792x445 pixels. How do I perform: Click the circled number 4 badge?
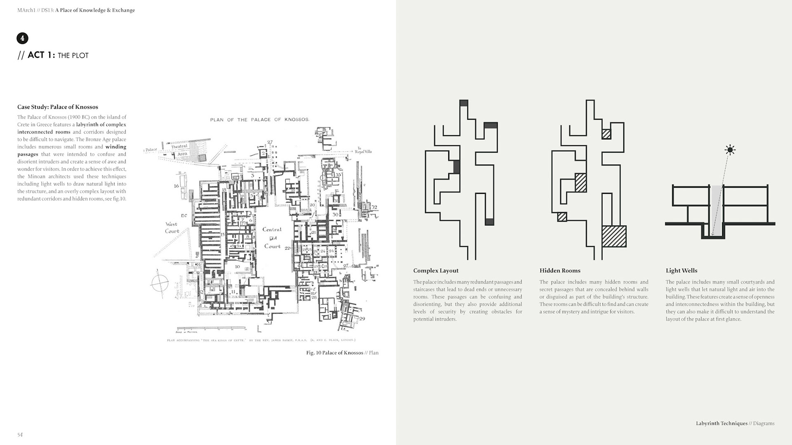(x=22, y=38)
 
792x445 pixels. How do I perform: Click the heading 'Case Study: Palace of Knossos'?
(x=58, y=107)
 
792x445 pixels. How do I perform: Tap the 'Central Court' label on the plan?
(x=272, y=238)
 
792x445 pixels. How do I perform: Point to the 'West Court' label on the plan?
(x=172, y=227)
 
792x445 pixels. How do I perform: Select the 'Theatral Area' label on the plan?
(x=180, y=150)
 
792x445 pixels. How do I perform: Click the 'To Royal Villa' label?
(x=363, y=150)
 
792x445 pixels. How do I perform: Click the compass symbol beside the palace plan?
(x=160, y=283)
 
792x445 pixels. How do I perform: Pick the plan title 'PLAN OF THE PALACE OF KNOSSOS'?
(x=259, y=120)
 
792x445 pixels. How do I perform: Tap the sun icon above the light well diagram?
(x=730, y=150)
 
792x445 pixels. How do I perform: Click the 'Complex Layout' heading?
(x=436, y=271)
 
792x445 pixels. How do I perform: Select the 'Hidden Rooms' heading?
(x=560, y=271)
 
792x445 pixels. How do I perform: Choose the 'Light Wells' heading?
(x=681, y=271)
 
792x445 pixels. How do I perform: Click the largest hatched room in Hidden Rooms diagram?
(x=614, y=236)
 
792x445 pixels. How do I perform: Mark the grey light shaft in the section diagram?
(x=717, y=210)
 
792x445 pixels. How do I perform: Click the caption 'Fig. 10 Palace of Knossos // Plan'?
(x=342, y=353)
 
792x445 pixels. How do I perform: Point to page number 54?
(x=20, y=435)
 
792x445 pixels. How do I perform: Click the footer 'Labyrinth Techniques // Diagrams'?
(x=735, y=423)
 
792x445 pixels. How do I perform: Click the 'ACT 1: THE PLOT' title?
(x=58, y=55)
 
